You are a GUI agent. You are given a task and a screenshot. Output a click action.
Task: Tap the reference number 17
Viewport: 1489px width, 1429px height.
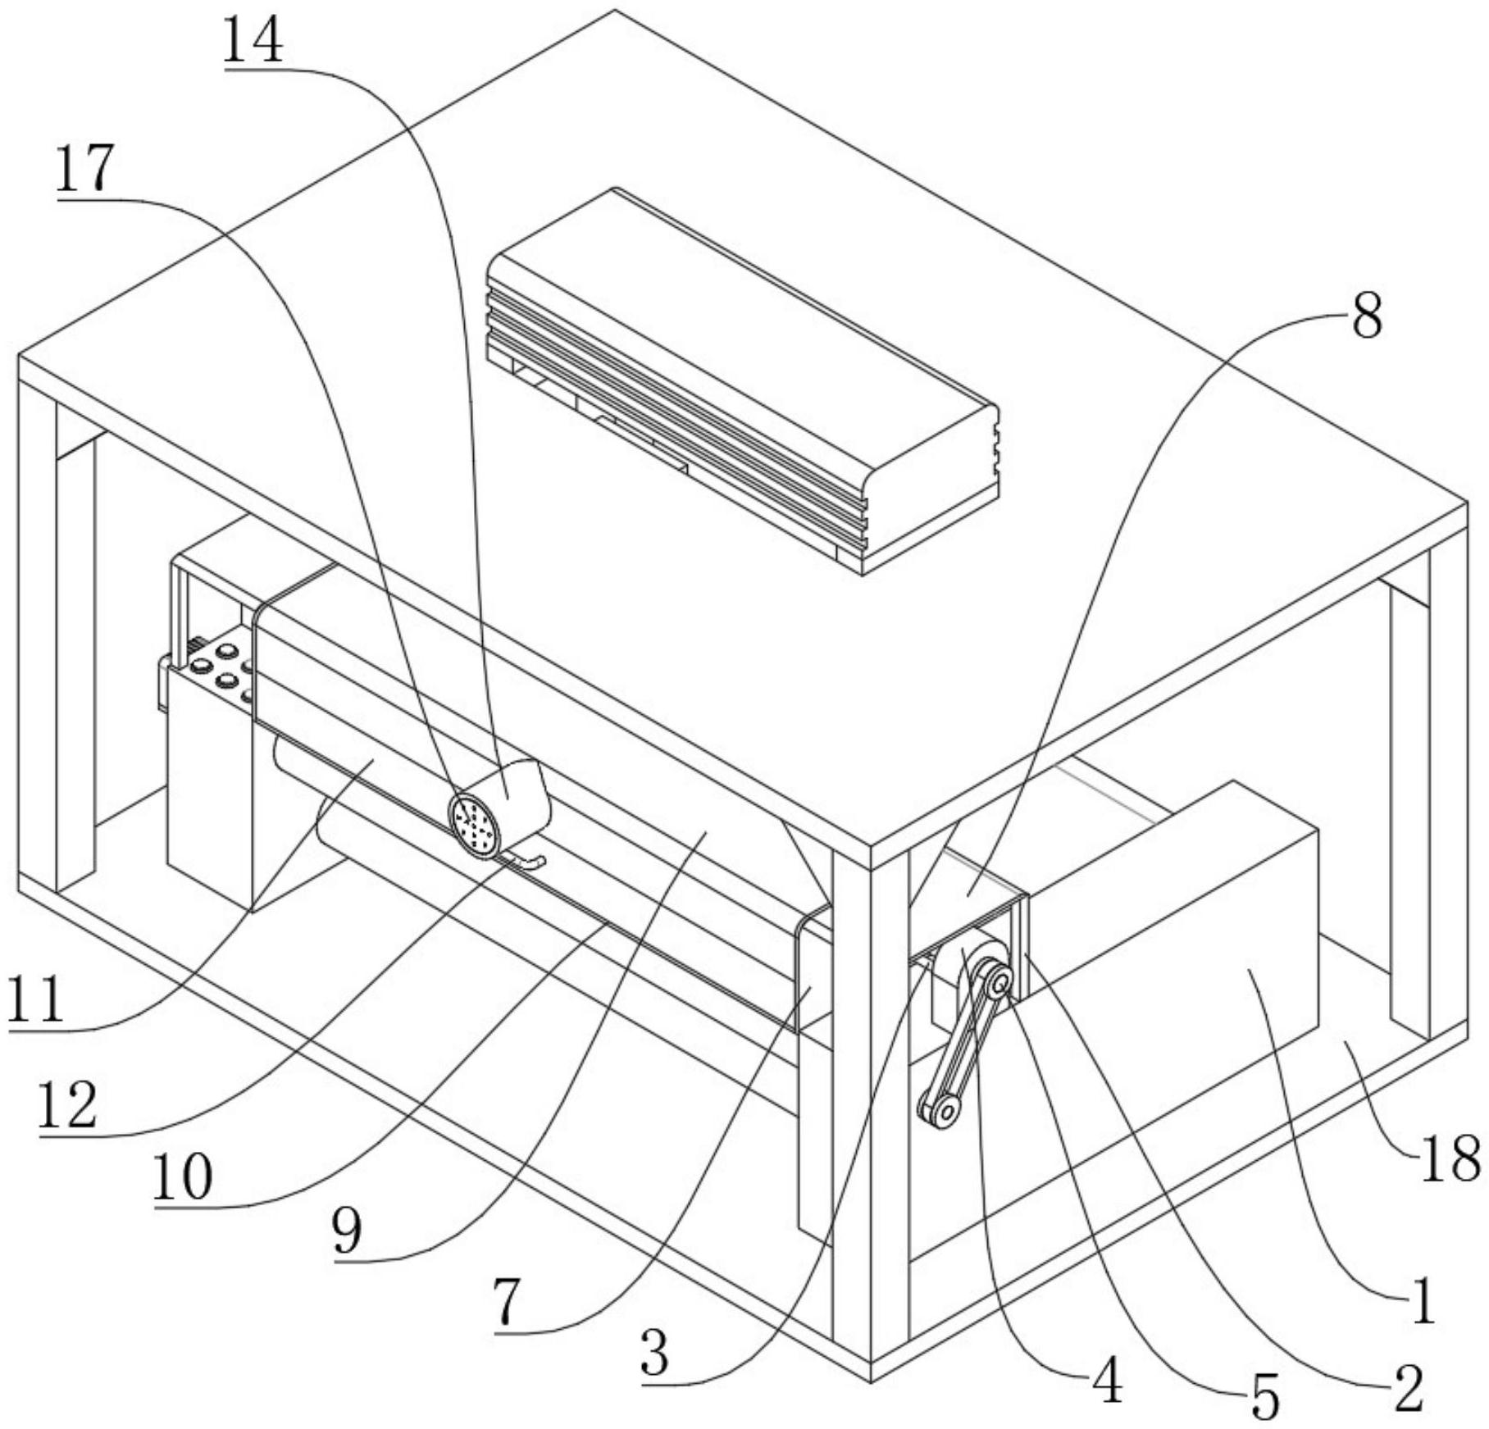click(84, 170)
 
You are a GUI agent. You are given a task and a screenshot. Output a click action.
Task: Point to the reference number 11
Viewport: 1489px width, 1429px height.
click(36, 1000)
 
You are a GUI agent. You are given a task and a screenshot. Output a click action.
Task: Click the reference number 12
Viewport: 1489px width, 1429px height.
click(67, 1104)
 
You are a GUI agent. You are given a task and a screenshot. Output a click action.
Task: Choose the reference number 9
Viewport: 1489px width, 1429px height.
click(347, 1231)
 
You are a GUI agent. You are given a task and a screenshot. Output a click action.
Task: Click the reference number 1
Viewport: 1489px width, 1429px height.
click(1423, 1300)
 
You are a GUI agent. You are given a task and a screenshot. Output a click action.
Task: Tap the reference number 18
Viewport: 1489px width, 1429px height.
click(1450, 1158)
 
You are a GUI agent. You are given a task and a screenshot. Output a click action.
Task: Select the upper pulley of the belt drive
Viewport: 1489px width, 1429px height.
click(998, 982)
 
